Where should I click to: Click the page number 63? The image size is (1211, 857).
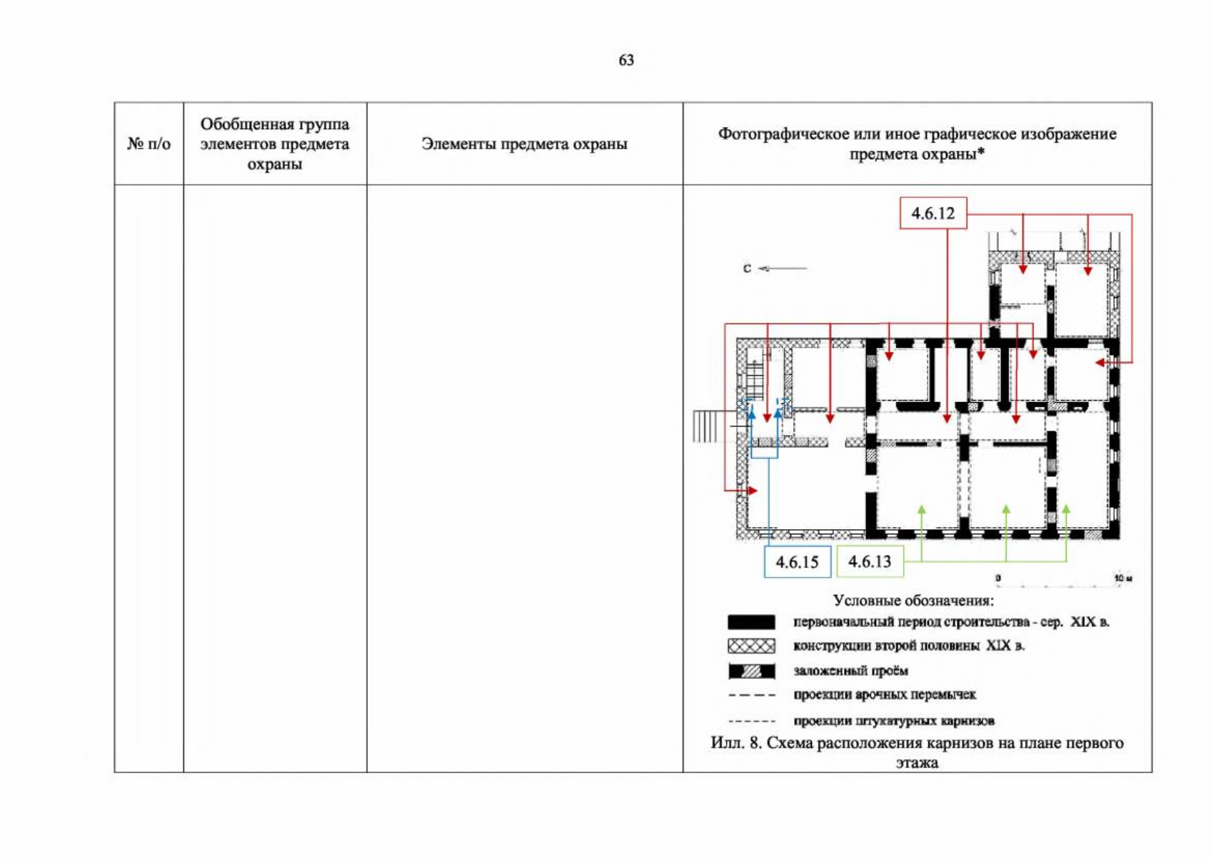[x=626, y=60]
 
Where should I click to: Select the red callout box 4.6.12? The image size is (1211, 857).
[x=933, y=213]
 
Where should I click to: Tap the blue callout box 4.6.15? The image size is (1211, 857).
[x=798, y=562]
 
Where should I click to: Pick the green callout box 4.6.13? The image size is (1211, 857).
[x=870, y=561]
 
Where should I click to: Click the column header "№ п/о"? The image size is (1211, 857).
[x=149, y=144]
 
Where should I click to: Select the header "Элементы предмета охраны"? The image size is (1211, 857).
[x=524, y=144]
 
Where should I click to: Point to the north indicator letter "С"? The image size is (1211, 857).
[x=747, y=269]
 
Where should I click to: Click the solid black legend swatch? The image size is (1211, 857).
[x=751, y=622]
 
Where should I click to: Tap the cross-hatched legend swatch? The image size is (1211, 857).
[x=751, y=646]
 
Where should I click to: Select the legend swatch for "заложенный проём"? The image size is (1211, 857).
[x=751, y=671]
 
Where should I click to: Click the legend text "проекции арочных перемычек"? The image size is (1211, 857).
[x=885, y=695]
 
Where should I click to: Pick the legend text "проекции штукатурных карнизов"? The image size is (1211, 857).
[x=894, y=721]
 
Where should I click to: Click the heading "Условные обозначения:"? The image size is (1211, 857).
[x=913, y=601]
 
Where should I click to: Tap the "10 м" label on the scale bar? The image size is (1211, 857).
[x=1123, y=578]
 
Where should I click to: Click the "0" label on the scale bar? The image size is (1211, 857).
[x=998, y=578]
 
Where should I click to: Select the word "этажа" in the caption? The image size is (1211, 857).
[x=917, y=763]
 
